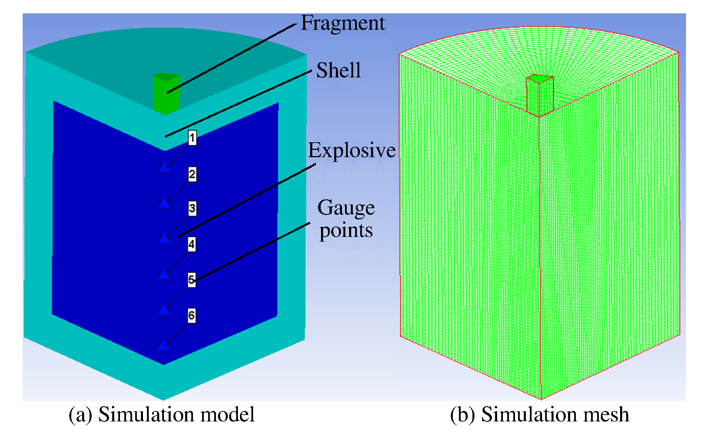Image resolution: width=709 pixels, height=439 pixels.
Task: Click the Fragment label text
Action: coord(342,23)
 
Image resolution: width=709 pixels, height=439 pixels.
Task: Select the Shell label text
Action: coord(338,70)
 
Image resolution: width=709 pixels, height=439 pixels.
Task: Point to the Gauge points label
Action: coord(346,219)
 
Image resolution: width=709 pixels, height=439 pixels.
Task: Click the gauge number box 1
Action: coord(192,138)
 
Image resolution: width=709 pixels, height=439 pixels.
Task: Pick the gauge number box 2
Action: coord(192,174)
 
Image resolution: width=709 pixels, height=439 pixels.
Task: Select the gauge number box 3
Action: coord(192,209)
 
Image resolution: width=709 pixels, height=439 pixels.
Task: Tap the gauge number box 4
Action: coord(192,244)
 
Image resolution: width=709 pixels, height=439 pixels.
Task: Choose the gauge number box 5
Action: coord(192,280)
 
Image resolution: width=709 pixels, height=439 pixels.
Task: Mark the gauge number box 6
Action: coord(192,315)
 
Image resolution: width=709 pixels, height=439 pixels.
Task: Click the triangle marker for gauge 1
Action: coord(165,167)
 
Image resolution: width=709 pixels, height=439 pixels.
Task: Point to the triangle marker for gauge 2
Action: coord(165,203)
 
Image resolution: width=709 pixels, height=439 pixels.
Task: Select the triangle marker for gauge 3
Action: coord(165,239)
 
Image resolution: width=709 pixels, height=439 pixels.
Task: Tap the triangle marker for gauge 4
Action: coord(165,274)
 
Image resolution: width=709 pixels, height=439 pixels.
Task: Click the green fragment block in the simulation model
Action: coord(166,93)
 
